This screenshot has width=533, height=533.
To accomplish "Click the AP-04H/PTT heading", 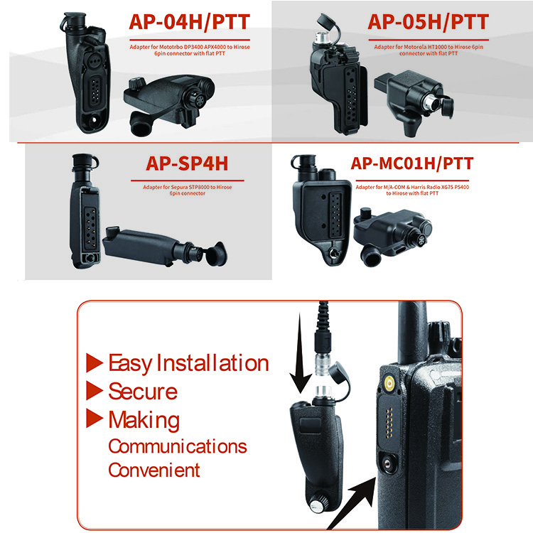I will (188, 21).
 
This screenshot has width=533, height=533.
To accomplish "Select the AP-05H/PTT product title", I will (428, 21).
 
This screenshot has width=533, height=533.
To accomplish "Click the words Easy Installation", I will (188, 364).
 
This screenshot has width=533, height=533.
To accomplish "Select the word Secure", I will (142, 392).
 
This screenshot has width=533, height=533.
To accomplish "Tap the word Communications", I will (177, 446).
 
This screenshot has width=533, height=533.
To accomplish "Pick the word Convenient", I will (154, 470).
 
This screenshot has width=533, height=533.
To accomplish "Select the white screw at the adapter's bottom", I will (316, 506).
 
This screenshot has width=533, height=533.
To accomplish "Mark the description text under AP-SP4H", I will (186, 189).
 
